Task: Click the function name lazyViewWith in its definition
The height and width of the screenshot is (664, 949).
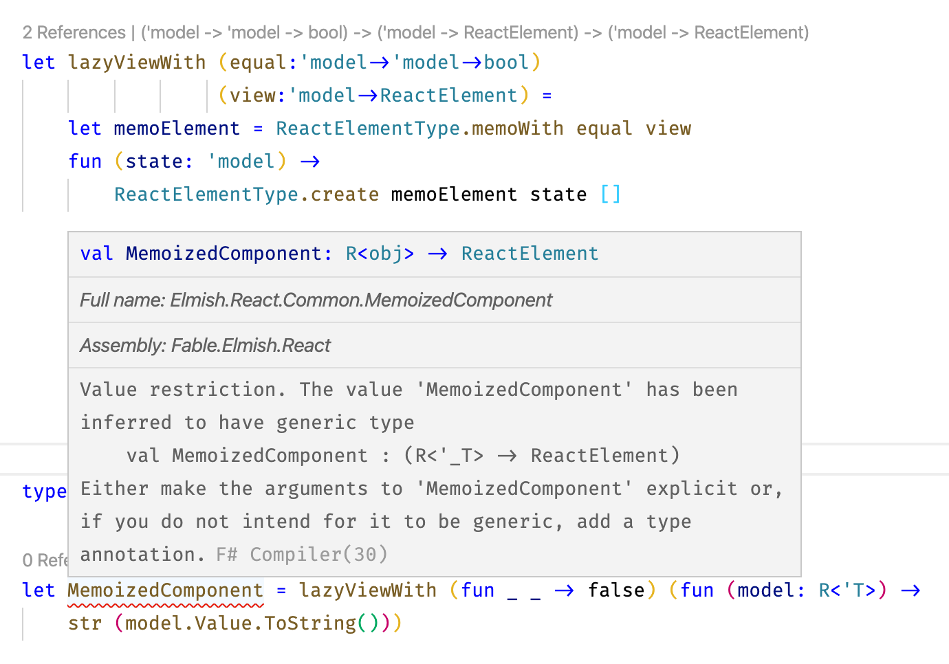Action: (137, 63)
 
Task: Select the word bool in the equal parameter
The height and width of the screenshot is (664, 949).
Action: (506, 63)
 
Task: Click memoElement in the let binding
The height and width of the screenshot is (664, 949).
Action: (177, 129)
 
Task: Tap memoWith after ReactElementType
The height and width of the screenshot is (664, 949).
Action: (518, 129)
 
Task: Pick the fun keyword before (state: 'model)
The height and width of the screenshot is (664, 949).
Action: (85, 162)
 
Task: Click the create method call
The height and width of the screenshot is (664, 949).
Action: (345, 195)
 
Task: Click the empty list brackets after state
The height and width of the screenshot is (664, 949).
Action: (610, 195)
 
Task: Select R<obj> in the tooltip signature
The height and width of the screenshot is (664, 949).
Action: (380, 254)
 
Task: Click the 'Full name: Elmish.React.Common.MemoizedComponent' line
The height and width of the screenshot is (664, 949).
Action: (316, 300)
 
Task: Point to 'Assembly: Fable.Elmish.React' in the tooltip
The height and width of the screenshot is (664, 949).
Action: (205, 345)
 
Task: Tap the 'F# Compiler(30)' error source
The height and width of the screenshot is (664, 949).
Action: (302, 555)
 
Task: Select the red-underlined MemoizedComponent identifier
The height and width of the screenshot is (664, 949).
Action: (165, 590)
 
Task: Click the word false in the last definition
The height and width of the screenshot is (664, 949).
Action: (616, 590)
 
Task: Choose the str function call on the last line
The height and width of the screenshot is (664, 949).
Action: (85, 623)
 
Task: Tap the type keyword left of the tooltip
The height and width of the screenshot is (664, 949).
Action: (44, 491)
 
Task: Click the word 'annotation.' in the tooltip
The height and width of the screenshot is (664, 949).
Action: (142, 555)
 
